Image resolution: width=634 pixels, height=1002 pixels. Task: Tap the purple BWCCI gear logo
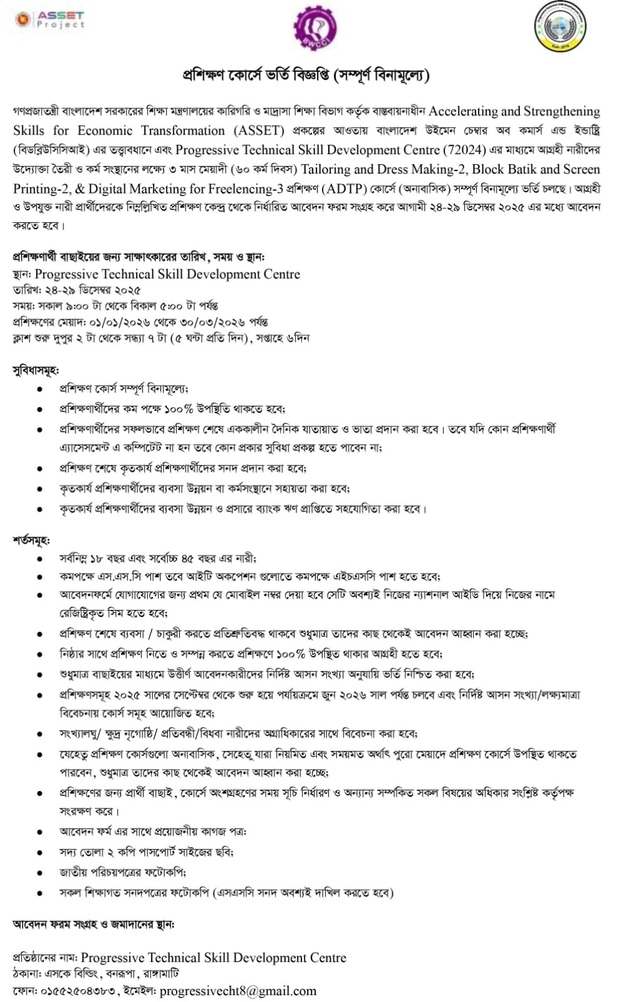coord(315,29)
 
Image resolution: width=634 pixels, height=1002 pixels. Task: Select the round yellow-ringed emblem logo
coord(561,26)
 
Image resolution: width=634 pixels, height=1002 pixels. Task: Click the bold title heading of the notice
coord(305,76)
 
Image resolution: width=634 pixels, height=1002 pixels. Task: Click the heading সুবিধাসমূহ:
coord(36,371)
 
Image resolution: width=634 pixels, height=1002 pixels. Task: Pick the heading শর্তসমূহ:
coord(31,540)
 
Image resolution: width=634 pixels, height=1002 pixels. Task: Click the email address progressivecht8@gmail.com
coord(238,991)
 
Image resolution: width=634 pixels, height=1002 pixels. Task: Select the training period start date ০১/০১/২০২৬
coord(120,323)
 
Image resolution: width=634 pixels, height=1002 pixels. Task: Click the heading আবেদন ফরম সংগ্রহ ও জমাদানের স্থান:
coord(93,924)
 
